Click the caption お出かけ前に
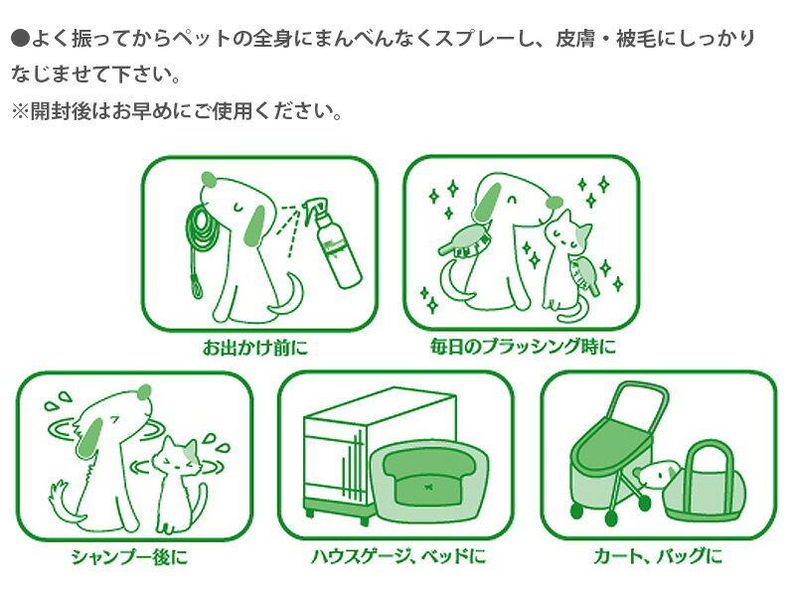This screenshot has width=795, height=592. pos(254,348)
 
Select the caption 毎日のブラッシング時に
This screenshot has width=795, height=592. pos(523,347)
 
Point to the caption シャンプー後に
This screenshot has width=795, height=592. pos(130,556)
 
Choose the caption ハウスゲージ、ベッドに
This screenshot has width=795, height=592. pos(398,556)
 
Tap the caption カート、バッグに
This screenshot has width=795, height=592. pos(658,556)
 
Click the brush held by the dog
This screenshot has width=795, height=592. pos(464,240)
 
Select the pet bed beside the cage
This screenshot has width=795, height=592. pos(430,482)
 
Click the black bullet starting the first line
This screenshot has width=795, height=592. pos(20,39)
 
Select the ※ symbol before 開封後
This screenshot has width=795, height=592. pos(20,111)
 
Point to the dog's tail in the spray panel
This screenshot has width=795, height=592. pos(289,297)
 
